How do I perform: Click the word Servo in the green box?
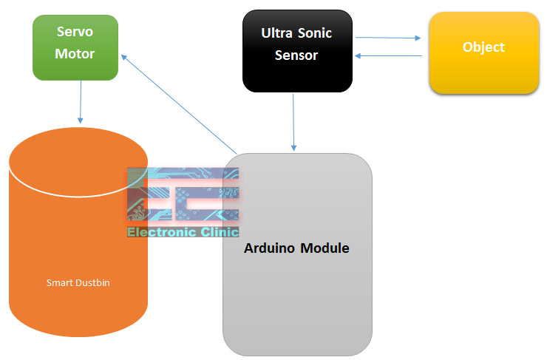[x=75, y=32]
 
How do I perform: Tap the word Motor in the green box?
[x=75, y=54]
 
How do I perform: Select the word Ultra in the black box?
[x=276, y=33]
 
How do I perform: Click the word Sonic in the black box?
[x=315, y=33]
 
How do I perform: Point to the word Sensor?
[x=296, y=55]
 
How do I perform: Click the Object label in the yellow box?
[x=483, y=47]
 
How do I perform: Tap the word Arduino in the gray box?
[x=269, y=248]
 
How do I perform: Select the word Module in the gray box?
[x=325, y=248]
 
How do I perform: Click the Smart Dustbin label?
[x=78, y=282]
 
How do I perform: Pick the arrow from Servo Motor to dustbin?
[x=81, y=102]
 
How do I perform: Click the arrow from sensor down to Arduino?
[x=293, y=123]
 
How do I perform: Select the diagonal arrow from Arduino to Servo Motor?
[x=179, y=104]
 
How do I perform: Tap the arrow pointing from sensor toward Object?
[x=388, y=38]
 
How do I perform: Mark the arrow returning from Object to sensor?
[x=388, y=56]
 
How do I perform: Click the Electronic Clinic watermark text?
[x=183, y=232]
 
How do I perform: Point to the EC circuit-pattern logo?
[x=183, y=194]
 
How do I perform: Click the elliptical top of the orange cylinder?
[x=78, y=162]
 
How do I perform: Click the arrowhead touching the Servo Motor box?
[x=123, y=57]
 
